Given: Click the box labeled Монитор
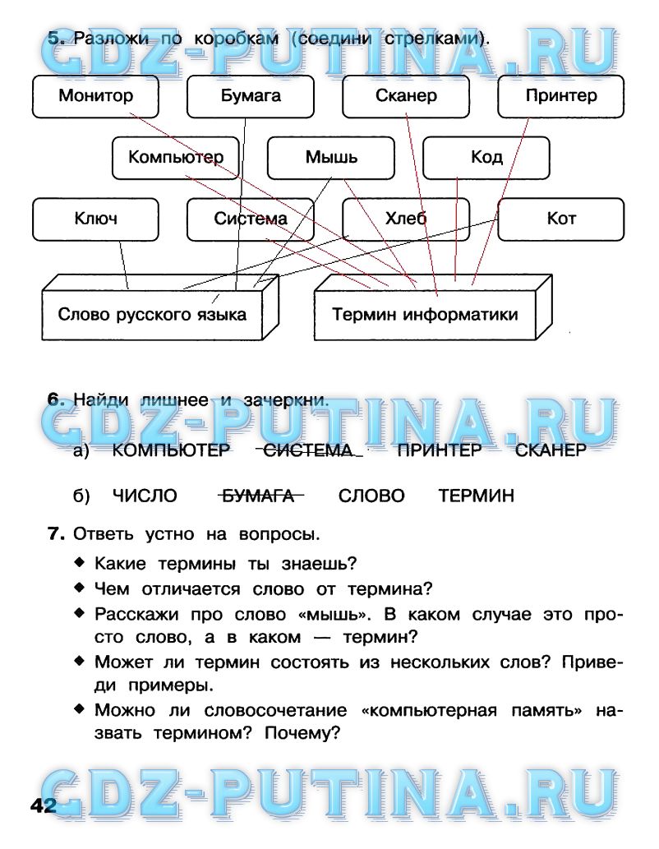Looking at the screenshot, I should [95, 96].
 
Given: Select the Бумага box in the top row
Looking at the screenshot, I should [251, 96].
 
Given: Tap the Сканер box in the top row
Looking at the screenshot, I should [406, 96].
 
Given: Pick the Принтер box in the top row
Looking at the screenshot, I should [561, 96].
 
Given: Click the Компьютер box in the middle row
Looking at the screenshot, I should [175, 157].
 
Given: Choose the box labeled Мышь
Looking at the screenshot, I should [331, 157].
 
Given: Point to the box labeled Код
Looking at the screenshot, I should [486, 157].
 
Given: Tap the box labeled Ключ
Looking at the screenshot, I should [95, 219].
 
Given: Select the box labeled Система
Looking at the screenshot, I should [251, 219].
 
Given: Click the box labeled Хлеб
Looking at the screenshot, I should [406, 219].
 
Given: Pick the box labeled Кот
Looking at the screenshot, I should [561, 219].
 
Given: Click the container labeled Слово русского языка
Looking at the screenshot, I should [152, 314].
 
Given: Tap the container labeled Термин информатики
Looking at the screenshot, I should [424, 314].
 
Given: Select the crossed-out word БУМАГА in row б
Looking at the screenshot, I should [260, 496].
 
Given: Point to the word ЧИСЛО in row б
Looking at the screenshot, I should [145, 496].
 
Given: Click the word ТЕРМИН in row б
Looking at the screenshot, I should [476, 496].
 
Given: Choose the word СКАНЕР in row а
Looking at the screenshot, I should [551, 450].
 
